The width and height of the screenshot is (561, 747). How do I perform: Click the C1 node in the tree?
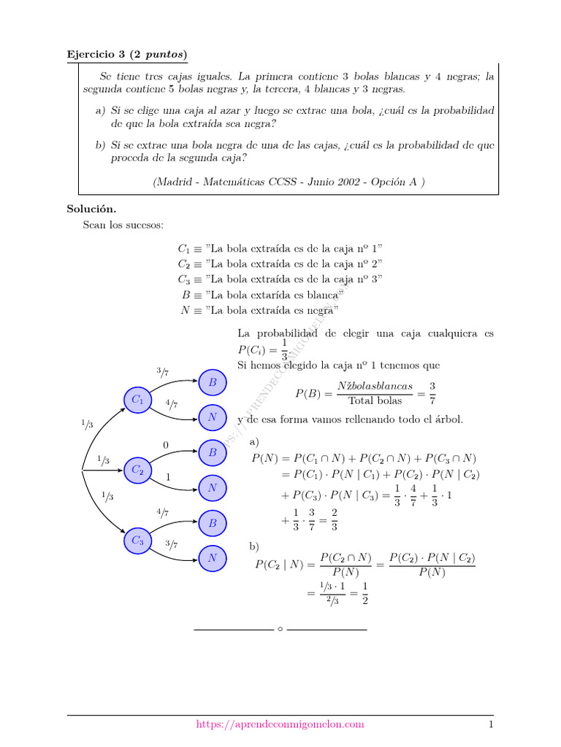[138, 400]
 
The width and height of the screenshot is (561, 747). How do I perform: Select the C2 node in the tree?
[138, 471]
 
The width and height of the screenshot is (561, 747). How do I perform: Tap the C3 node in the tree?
[138, 541]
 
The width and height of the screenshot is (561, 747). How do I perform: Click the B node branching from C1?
[213, 382]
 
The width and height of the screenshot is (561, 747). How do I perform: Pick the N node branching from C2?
[213, 487]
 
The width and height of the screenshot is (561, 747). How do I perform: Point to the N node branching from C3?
[213, 558]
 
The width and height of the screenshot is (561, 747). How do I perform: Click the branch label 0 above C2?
[166, 445]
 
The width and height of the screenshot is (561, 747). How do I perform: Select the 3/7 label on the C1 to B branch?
[162, 373]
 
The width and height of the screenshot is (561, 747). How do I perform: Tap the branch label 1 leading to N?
[168, 477]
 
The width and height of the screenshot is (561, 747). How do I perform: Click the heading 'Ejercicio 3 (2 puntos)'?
[127, 54]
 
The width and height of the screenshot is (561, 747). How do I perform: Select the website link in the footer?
[280, 724]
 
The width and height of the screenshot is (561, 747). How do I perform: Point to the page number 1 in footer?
[492, 724]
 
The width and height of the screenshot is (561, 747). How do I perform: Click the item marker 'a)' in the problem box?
[101, 110]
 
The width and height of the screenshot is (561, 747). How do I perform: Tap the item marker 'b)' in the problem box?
[101, 145]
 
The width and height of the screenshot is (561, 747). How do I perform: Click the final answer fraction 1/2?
[365, 593]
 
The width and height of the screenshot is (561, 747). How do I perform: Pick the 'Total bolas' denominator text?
[375, 400]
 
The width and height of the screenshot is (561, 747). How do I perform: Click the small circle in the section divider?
[280, 629]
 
